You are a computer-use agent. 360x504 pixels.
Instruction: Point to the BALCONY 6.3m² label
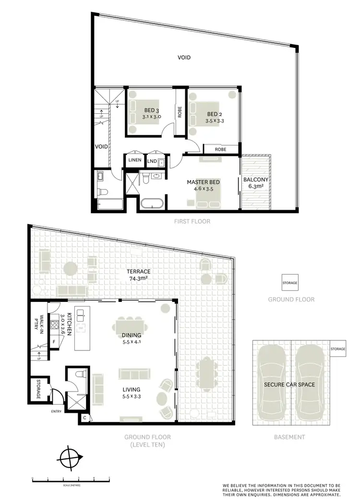pyautogui.click(x=256, y=183)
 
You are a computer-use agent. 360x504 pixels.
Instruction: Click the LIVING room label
pyautogui.click(x=131, y=393)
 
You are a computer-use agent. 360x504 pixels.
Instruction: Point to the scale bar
pyautogui.click(x=71, y=479)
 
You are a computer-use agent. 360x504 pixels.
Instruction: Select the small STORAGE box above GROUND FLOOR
pyautogui.click(x=290, y=283)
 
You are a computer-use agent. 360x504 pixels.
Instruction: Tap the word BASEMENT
pyautogui.click(x=289, y=437)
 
